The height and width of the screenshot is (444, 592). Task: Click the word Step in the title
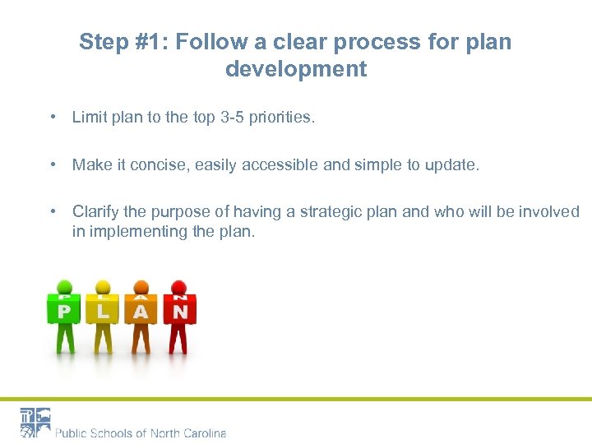102,42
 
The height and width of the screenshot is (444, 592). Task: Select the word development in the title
296,69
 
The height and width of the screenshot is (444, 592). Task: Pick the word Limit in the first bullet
89,118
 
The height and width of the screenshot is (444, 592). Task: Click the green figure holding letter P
63,317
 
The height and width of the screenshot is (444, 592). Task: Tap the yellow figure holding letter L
103,317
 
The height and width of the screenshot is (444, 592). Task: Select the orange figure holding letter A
141,317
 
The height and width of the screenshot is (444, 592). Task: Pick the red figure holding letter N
179,317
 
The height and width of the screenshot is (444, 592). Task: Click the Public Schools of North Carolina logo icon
35,423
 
